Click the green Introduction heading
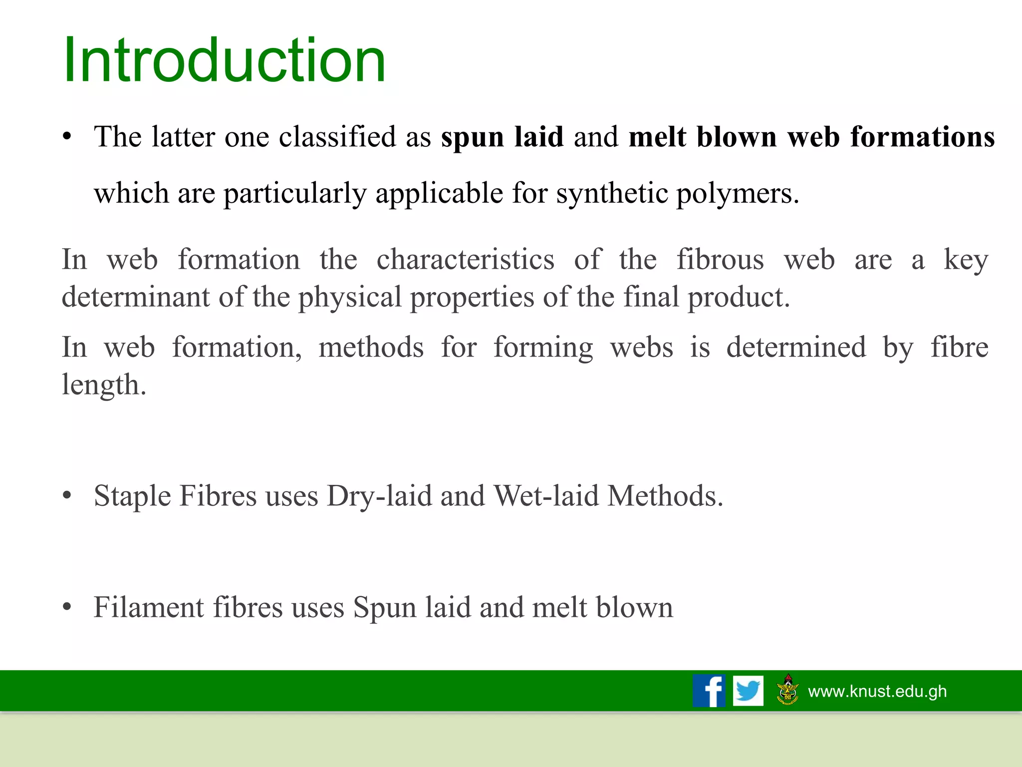pos(225,61)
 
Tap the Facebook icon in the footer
pos(709,691)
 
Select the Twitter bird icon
pos(748,691)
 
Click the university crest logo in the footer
pos(788,690)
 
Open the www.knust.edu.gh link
pos(877,691)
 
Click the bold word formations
pos(922,137)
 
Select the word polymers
pos(737,193)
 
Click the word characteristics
pos(465,260)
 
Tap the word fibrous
pos(720,260)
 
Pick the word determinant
pos(136,297)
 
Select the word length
pos(103,385)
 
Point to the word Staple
pos(132,496)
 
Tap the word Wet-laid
pos(546,496)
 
